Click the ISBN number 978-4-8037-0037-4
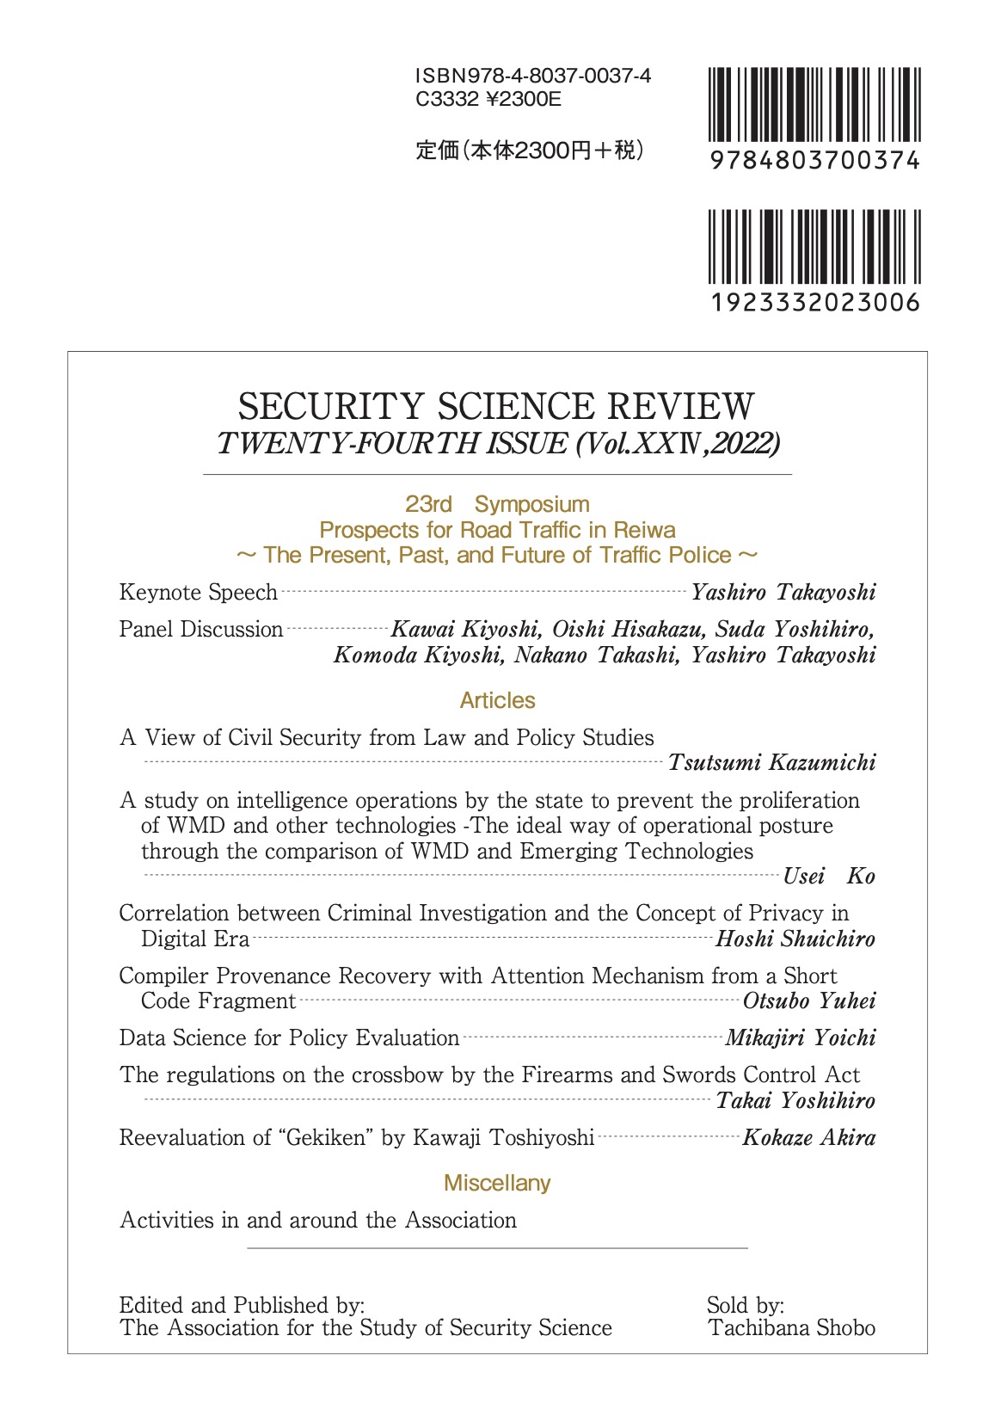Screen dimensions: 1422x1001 click(x=532, y=76)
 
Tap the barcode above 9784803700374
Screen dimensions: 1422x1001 click(x=814, y=105)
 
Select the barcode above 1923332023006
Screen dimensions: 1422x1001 click(x=814, y=247)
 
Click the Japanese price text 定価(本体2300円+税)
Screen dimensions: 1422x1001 click(x=529, y=151)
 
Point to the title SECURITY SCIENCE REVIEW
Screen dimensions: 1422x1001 click(x=496, y=406)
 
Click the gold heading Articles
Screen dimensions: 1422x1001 click(x=497, y=700)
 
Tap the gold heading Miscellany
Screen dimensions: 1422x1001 click(x=497, y=1183)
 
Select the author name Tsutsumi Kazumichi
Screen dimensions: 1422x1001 click(x=771, y=763)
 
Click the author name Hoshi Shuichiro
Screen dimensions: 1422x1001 click(x=795, y=939)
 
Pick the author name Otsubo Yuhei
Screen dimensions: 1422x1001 click(x=808, y=1001)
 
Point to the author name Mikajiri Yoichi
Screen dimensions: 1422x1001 click(x=800, y=1038)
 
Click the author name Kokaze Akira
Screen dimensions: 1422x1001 click(x=808, y=1138)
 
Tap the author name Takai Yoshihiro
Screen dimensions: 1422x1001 click(x=795, y=1101)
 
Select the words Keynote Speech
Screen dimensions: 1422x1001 click(x=198, y=593)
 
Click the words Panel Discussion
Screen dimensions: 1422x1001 click(x=200, y=630)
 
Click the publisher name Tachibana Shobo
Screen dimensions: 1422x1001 click(x=791, y=1328)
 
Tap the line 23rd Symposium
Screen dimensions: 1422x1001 click(x=497, y=504)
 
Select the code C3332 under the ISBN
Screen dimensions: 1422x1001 click(x=447, y=100)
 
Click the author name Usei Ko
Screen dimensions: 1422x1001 click(x=828, y=877)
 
